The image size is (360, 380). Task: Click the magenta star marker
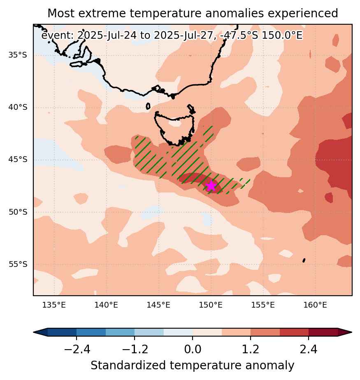coord(211,186)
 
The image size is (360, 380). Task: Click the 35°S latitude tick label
coord(18,55)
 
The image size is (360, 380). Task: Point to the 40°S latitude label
coord(18,107)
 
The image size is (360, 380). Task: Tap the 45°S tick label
coord(18,160)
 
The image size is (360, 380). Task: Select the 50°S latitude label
coord(18,212)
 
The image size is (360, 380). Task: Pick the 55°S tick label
coord(18,264)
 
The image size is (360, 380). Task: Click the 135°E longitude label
coord(54,305)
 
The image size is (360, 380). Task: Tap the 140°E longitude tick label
coord(106,305)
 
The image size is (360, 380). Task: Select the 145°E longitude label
coord(158,305)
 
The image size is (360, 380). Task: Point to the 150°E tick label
coord(211,305)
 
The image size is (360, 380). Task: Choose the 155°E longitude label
coord(263,305)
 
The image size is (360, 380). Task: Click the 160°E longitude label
coord(316,305)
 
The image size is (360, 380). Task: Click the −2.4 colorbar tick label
coord(77,349)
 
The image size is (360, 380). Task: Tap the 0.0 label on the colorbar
coord(193,349)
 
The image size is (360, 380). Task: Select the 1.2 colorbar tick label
coord(251,349)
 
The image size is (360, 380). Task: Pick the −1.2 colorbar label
coord(135,349)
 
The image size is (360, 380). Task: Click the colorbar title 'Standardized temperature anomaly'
coord(193,365)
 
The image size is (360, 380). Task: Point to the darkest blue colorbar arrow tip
coord(34,332)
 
